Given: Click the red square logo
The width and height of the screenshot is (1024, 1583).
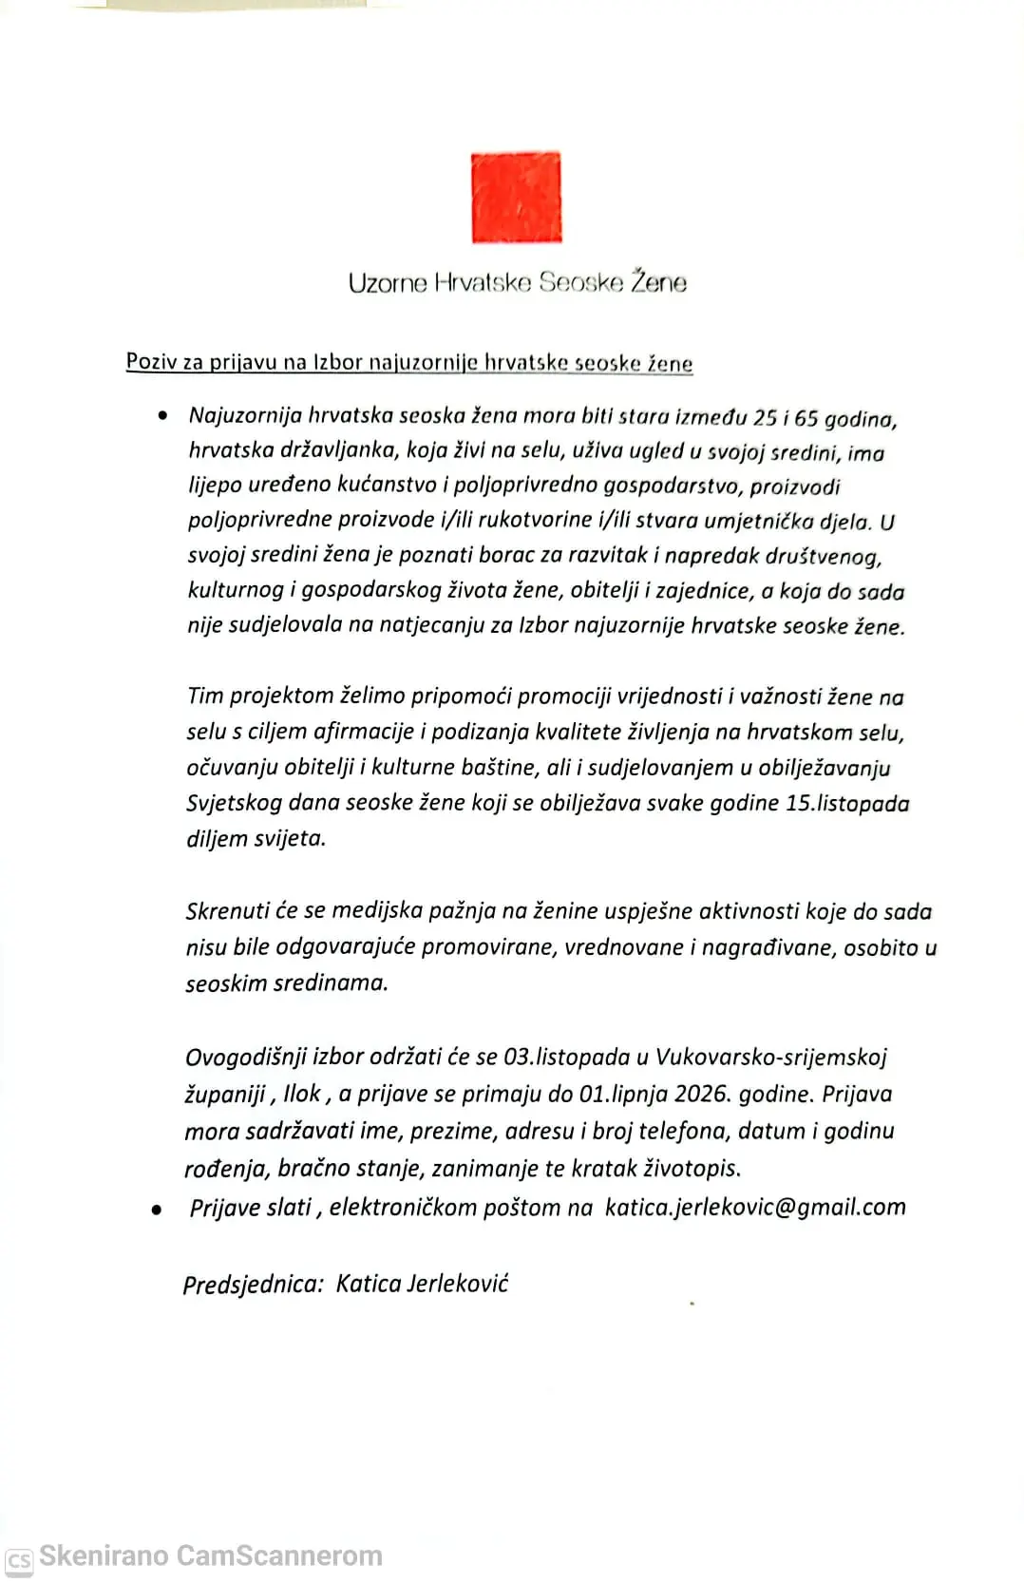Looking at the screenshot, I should click(x=516, y=198).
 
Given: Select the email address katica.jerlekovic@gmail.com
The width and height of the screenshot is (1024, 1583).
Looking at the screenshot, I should click(x=754, y=1207).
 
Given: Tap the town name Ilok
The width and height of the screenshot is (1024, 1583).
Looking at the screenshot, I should click(x=302, y=1094).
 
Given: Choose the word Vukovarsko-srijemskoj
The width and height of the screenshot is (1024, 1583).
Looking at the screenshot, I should click(x=770, y=1057).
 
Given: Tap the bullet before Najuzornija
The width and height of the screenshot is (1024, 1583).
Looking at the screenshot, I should click(x=163, y=415).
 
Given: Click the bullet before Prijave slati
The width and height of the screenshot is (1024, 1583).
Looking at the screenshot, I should click(x=156, y=1211).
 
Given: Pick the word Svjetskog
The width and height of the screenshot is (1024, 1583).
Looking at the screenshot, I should click(x=234, y=803).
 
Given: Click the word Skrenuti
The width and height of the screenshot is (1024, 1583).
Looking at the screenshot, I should click(x=227, y=911).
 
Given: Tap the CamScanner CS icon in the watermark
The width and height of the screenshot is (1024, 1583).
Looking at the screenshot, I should click(x=19, y=1559).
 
